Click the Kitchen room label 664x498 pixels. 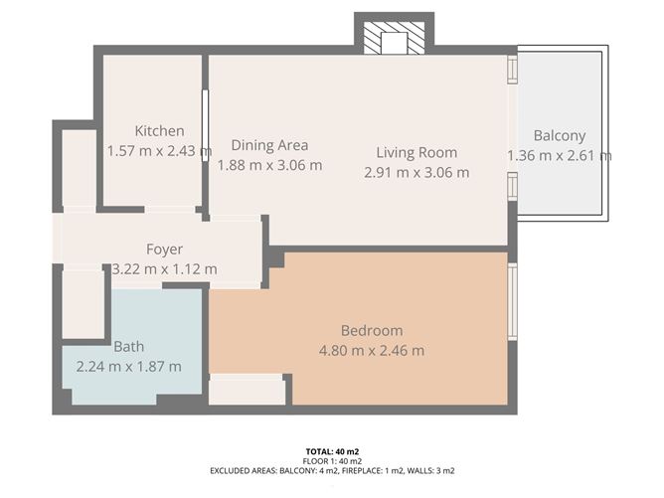[159, 131]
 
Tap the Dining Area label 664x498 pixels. [269, 145]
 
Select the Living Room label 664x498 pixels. [416, 152]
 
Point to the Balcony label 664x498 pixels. [560, 136]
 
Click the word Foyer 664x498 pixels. [164, 249]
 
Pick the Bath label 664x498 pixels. [129, 346]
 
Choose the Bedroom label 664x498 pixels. [372, 330]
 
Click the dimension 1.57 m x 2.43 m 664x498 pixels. [159, 151]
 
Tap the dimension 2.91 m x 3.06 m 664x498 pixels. [416, 172]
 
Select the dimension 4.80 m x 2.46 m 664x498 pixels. [372, 351]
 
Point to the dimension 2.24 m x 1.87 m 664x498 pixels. [129, 367]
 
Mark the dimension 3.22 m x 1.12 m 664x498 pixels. [164, 269]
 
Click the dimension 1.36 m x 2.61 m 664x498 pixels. [560, 156]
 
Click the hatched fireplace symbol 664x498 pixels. [395, 38]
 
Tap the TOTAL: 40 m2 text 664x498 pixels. [332, 452]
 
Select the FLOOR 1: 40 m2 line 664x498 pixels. [332, 461]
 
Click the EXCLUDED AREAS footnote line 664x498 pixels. [332, 470]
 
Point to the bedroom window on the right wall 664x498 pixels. [512, 301]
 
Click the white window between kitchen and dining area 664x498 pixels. [206, 125]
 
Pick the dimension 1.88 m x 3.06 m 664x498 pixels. [269, 165]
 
